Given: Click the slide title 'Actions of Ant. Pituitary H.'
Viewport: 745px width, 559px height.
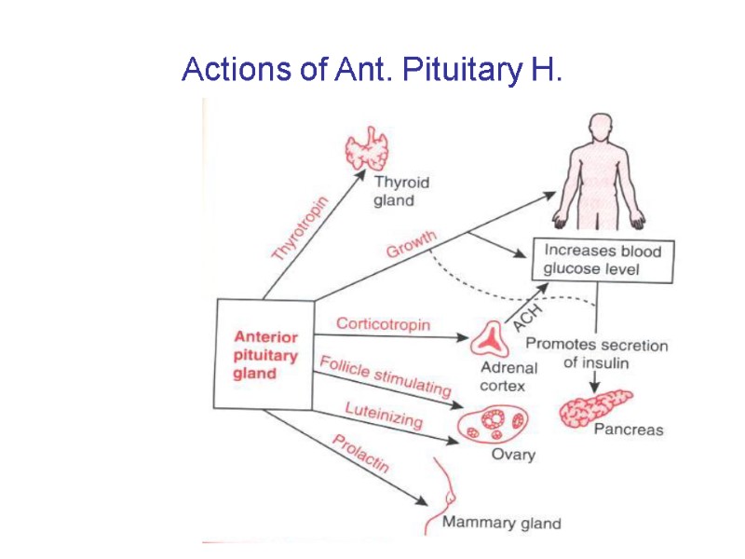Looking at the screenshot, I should [x=372, y=69].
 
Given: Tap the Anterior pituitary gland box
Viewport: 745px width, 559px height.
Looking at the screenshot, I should [x=265, y=354].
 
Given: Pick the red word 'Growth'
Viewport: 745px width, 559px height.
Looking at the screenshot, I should [x=411, y=244].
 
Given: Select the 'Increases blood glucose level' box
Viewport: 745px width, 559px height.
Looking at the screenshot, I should [x=602, y=261].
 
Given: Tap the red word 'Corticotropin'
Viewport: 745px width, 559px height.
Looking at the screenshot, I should [x=383, y=324].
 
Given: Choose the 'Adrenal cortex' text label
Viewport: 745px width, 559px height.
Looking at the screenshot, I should [x=503, y=377].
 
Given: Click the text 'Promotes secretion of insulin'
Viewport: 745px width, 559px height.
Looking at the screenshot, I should [x=615, y=353].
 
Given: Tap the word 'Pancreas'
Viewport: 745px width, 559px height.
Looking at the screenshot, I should [x=629, y=429].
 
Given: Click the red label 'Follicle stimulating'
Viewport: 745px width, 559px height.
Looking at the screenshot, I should [x=385, y=375].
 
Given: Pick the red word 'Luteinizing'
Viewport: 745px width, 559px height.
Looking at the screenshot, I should [x=383, y=415].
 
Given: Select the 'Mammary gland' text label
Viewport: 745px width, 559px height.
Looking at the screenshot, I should [x=501, y=523].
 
